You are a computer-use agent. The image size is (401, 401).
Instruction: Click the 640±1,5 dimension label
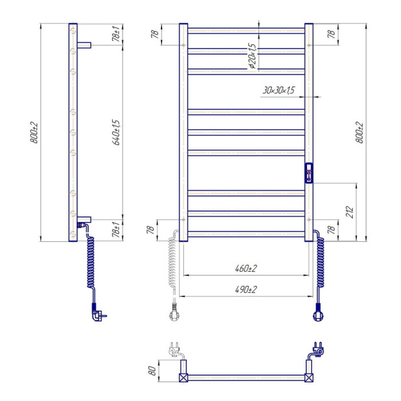(116, 132)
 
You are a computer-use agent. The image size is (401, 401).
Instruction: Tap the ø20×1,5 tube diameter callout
(252, 56)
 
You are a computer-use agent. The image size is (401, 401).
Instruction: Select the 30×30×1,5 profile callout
(279, 91)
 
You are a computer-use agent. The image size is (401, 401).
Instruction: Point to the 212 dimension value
(349, 212)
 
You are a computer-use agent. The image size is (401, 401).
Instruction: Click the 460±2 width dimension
(246, 268)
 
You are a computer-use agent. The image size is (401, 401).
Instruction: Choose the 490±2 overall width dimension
(246, 289)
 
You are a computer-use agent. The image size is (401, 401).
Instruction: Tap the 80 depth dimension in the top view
(152, 371)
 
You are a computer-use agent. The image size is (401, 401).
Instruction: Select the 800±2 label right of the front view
(360, 132)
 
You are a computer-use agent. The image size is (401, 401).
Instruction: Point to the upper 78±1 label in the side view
(116, 34)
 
